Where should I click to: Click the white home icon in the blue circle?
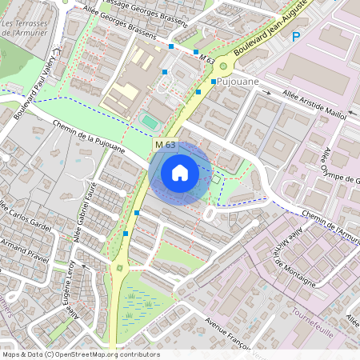pyautogui.click(x=180, y=172)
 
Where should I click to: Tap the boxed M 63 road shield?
pyautogui.click(x=165, y=144)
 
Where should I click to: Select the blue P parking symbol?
pyautogui.click(x=295, y=36)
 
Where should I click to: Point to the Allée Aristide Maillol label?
pyautogui.click(x=314, y=105)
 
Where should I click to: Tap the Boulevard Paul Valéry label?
pyautogui.click(x=37, y=82)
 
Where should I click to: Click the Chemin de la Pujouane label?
pyautogui.click(x=90, y=136)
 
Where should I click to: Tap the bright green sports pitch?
pyautogui.click(x=150, y=122)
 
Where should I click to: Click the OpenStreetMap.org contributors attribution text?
pyautogui.click(x=107, y=354)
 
